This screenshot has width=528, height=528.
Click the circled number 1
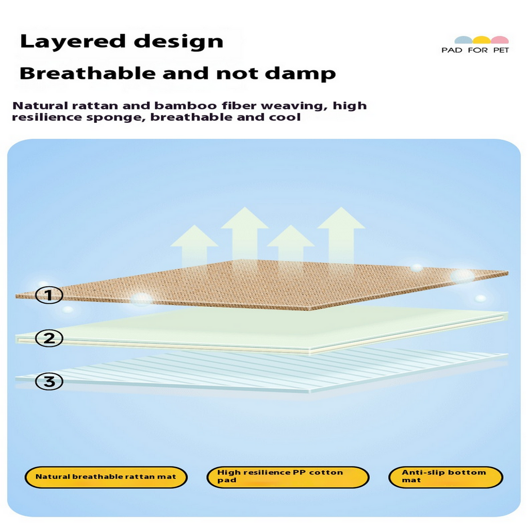click(x=49, y=295)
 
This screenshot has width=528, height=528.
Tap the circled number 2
click(x=49, y=339)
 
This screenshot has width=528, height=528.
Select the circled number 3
click(x=49, y=382)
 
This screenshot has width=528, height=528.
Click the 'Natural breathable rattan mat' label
click(x=106, y=477)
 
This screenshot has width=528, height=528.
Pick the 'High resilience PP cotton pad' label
click(x=288, y=476)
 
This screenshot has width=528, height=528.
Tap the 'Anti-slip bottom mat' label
click(x=445, y=476)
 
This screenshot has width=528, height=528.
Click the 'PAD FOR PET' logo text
click(x=475, y=50)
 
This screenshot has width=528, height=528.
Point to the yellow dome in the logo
click(x=482, y=40)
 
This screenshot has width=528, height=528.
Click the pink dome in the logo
click(x=499, y=40)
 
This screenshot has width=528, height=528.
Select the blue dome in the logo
click(x=464, y=40)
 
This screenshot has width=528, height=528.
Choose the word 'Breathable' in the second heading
click(x=88, y=73)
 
